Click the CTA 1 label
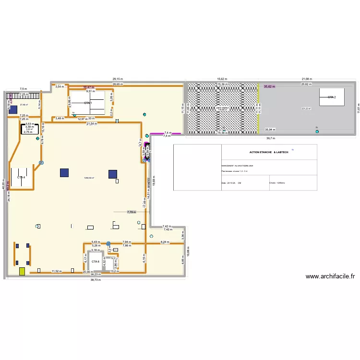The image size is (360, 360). click(x=88, y=103)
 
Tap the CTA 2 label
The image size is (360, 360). click(x=332, y=97)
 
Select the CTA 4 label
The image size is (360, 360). click(x=21, y=178)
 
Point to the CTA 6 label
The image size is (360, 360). click(x=95, y=261)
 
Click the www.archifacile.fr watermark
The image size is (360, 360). click(x=330, y=276)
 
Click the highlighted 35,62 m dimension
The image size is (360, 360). click(x=270, y=87)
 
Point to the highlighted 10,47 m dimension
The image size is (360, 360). click(x=89, y=87)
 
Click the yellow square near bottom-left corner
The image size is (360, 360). click(x=22, y=271)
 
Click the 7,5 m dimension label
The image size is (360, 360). click(x=24, y=89)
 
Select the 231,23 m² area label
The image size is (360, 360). click(x=306, y=108)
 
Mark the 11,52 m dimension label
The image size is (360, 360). click(x=57, y=271)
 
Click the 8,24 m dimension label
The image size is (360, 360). click(x=165, y=242)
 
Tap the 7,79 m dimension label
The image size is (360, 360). click(x=131, y=212)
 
